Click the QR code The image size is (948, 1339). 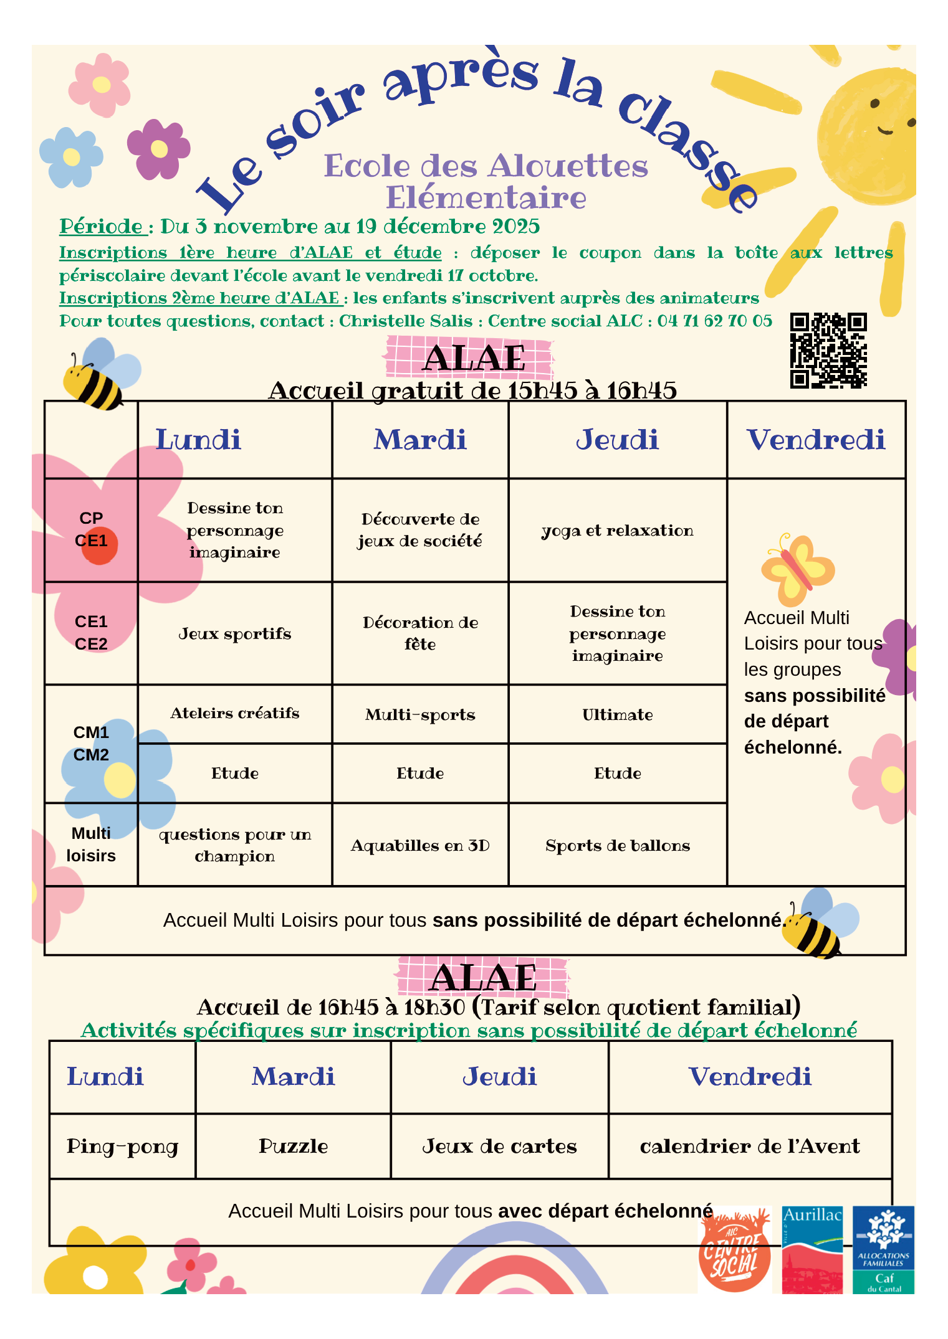828,350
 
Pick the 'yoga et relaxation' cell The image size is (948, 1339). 617,531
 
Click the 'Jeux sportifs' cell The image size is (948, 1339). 235,634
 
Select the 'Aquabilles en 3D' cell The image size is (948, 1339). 420,846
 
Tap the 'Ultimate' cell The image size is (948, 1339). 617,715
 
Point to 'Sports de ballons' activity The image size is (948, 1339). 617,846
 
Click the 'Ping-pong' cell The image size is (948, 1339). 122,1147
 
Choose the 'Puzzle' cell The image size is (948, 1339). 293,1147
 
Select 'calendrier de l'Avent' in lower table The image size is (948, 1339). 750,1147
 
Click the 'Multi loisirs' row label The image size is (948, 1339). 91,845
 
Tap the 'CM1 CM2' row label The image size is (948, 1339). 91,744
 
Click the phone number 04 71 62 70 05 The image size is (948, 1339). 714,321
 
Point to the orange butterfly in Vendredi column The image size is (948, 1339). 797,569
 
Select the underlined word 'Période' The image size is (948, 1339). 102,227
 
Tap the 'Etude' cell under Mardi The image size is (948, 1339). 420,774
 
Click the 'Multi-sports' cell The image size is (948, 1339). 420,715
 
